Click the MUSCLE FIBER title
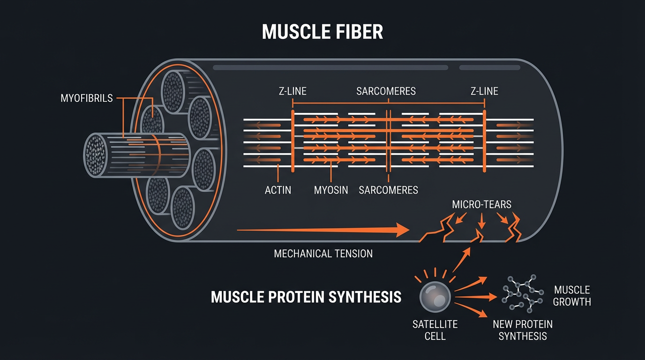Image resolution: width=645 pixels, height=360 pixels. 322,32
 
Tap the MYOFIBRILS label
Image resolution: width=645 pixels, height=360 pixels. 87,99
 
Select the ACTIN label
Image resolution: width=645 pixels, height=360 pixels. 278,190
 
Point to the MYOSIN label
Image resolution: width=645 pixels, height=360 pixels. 331,190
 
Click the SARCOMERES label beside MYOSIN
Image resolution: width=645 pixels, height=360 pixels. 388,190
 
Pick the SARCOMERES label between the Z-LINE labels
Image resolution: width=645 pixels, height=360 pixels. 386,91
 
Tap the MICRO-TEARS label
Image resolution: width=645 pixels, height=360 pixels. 481,205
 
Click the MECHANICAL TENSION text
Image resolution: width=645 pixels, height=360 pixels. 323,254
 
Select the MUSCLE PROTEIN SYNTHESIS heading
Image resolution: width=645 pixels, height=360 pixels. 306,297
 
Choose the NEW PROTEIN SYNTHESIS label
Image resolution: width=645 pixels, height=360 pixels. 522,330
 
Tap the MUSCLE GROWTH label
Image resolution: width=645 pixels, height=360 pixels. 571,295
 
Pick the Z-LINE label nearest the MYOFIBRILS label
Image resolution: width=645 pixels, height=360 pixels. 293,91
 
